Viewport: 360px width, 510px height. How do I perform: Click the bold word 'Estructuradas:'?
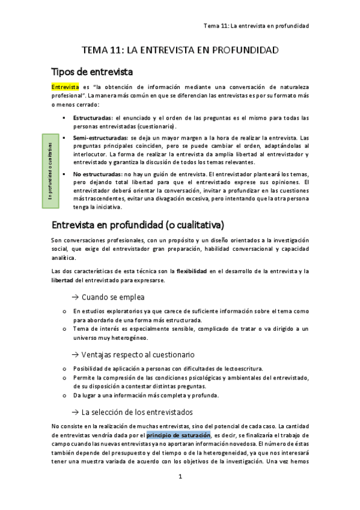tap(93, 118)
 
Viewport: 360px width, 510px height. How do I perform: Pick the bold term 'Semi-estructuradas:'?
tap(100, 138)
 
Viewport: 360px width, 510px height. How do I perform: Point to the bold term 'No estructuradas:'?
tap(96, 174)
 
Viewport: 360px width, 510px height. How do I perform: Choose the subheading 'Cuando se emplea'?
tap(112, 297)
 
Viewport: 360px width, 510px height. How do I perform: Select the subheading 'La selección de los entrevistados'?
tap(136, 412)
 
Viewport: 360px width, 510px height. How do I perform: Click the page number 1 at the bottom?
tap(180, 476)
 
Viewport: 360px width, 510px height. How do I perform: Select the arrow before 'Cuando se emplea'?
tap(75, 297)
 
